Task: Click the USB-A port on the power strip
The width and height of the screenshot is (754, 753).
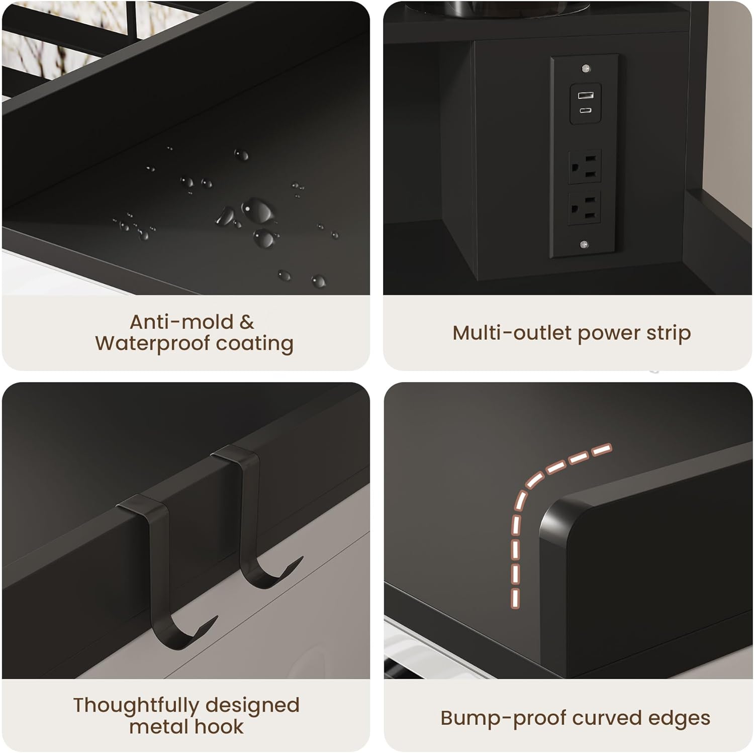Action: (x=585, y=96)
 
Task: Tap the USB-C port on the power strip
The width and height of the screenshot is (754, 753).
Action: (x=585, y=110)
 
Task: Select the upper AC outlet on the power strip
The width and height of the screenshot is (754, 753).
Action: (x=585, y=166)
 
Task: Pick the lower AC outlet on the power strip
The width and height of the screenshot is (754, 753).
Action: (x=585, y=208)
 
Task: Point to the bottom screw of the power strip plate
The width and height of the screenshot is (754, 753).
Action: (x=584, y=245)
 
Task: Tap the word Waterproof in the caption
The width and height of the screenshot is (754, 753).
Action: (x=152, y=343)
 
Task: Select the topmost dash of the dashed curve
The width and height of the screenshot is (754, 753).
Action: (x=601, y=449)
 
